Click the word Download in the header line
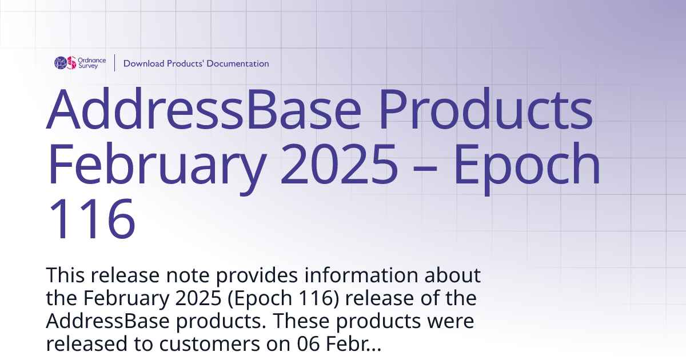pyautogui.click(x=143, y=63)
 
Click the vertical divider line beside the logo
pyautogui.click(x=115, y=63)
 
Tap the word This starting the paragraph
pyautogui.click(x=67, y=275)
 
